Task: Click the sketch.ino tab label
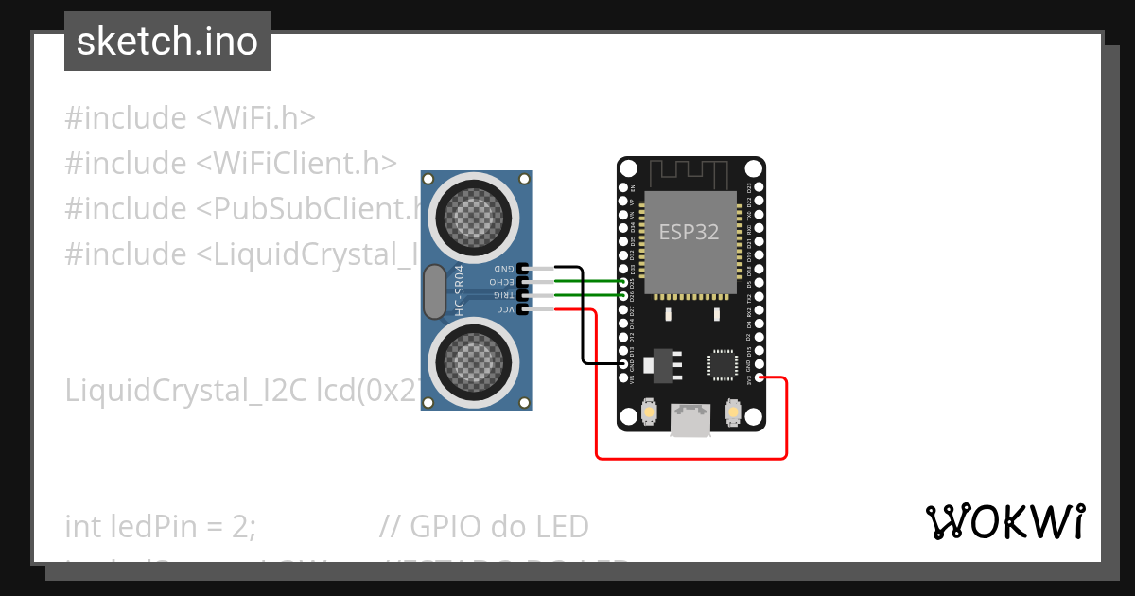coord(167,42)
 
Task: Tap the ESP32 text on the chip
coord(689,233)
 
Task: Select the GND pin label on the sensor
coord(506,269)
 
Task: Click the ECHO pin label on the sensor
coord(502,282)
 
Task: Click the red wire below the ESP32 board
coord(690,458)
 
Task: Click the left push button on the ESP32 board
coord(649,412)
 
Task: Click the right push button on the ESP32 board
coord(733,412)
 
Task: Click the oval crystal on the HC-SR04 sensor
coord(434,291)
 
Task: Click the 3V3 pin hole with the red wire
coord(761,379)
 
